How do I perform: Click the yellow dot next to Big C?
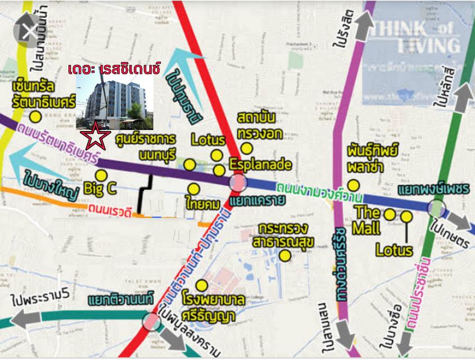[x=101, y=175]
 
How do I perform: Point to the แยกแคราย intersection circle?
[x=238, y=182]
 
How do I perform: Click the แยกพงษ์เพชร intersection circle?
[x=436, y=208]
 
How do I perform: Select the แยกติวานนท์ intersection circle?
[x=151, y=321]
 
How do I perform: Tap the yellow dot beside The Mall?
[x=389, y=214]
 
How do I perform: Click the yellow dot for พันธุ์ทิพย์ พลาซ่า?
[x=353, y=185]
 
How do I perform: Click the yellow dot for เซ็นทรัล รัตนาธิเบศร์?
[x=36, y=116]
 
